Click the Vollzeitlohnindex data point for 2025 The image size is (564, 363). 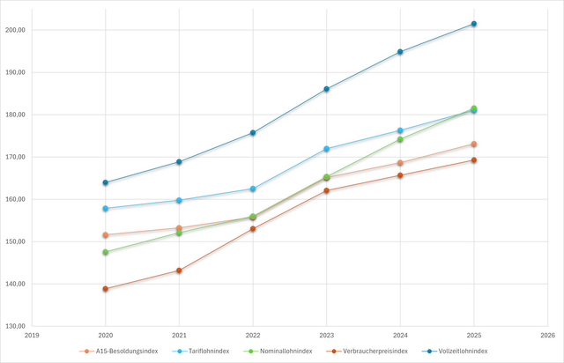[x=473, y=24]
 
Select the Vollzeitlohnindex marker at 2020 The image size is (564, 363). [x=106, y=182]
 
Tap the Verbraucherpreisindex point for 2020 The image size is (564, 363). [x=106, y=289]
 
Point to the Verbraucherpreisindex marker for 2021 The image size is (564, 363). [x=179, y=270]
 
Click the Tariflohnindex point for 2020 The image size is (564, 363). [x=106, y=209]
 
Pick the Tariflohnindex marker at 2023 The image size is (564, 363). [x=326, y=149]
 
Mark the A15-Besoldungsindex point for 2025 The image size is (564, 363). [x=473, y=144]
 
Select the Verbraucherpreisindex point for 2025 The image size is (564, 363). [x=473, y=160]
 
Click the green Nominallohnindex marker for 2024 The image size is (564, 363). [x=400, y=139]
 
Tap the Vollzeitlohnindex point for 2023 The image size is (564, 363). [x=326, y=89]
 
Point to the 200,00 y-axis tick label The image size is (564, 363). [x=16, y=30]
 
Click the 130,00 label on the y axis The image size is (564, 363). [x=16, y=326]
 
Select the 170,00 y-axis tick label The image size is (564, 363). [x=16, y=157]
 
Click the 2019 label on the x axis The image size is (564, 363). [x=32, y=336]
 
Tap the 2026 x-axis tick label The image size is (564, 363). [x=547, y=336]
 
